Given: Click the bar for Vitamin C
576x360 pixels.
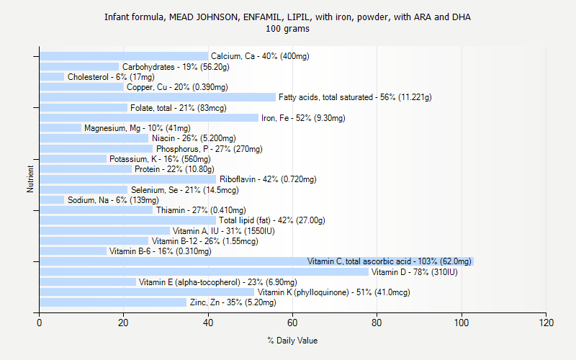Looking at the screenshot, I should click(256, 261).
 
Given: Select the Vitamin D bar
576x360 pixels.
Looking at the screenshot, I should click(204, 271).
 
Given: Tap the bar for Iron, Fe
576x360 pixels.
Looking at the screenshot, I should click(148, 117).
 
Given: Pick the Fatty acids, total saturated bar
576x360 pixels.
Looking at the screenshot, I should click(157, 97).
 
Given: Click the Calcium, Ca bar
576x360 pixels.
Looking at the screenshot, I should click(124, 56).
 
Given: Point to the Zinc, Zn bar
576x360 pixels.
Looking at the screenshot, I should click(112, 302).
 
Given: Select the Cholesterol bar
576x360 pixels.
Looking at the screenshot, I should click(52, 76).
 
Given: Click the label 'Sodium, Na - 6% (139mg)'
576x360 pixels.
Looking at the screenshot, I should click(112, 200).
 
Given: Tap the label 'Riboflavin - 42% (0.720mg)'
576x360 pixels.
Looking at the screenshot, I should click(268, 179).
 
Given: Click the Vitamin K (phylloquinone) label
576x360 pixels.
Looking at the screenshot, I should click(333, 292).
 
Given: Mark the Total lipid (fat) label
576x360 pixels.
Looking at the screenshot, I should click(272, 220).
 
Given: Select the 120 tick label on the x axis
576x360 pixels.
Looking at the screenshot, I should click(546, 323).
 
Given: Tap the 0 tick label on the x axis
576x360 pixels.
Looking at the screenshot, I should click(39, 323).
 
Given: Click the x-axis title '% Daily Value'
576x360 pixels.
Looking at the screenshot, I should click(292, 341).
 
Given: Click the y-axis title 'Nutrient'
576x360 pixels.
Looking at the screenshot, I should click(31, 179).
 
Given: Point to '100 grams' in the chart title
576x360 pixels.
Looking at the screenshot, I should click(288, 30).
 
